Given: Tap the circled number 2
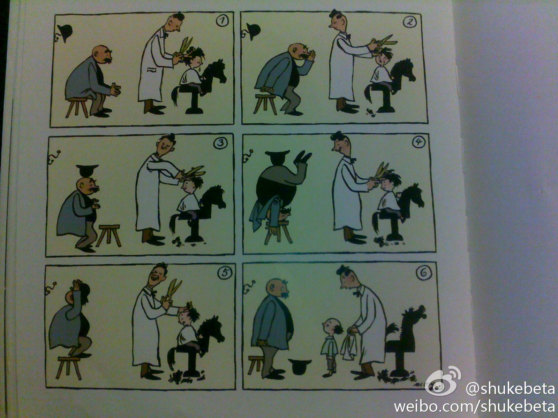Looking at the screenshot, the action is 409,22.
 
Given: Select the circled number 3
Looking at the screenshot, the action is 220,143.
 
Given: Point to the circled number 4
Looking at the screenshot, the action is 418,142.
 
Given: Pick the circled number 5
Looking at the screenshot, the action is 225,273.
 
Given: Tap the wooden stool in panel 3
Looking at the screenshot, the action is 109,235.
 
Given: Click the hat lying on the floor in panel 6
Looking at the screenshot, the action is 300,366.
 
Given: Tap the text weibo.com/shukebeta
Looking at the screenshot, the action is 474,407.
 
